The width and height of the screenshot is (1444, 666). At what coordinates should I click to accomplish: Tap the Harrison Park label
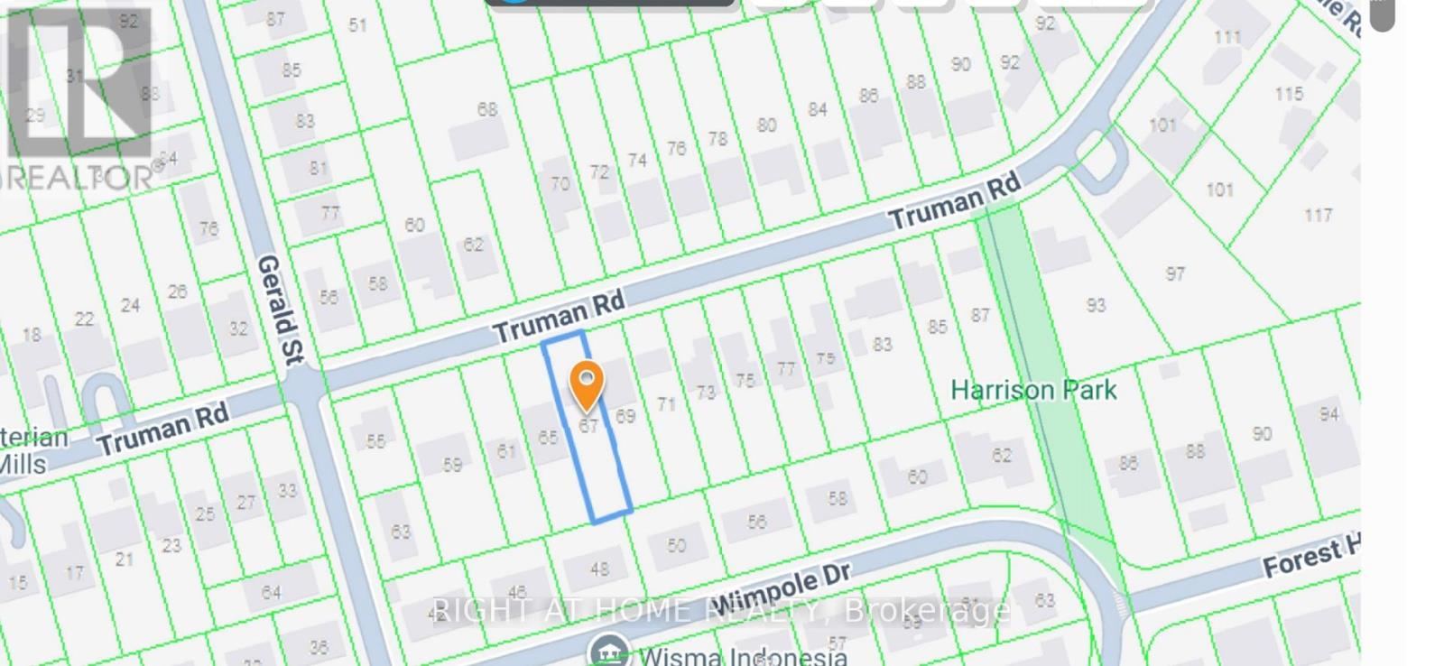pos(1033,391)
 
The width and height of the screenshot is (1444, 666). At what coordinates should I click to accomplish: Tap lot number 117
pos(1318,215)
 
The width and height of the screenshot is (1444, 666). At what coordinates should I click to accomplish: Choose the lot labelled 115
pos(1289,94)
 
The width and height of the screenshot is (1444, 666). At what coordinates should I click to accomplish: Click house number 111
pos(1227,37)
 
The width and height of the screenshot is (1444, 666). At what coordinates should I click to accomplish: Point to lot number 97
pos(1175,273)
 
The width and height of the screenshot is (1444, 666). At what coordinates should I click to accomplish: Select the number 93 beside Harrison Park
pos(1096,305)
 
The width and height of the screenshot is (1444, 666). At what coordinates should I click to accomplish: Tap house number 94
pos(1328,414)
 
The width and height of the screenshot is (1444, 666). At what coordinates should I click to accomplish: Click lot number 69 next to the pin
pos(625,416)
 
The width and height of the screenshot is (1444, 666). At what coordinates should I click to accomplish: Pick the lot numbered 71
pos(666,404)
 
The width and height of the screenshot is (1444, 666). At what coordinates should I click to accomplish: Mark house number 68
pos(487,109)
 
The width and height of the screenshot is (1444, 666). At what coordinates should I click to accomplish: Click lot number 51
pos(358,25)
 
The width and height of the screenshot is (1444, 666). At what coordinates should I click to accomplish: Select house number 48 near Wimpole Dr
pos(599,569)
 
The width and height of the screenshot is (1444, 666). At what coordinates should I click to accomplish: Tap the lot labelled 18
pos(32,335)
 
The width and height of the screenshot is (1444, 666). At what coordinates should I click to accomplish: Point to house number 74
pos(637,161)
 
